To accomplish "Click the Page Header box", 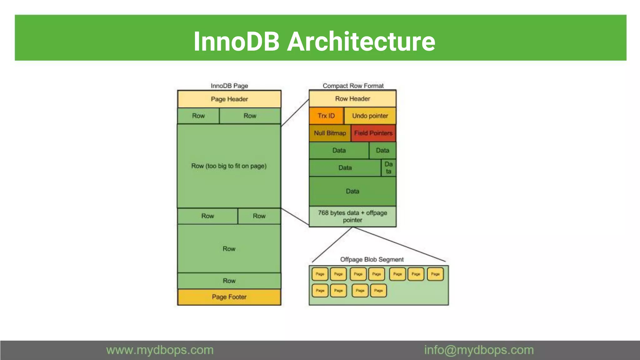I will (x=229, y=99).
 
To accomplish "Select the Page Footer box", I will (x=229, y=297).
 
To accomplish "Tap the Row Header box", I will (x=352, y=99).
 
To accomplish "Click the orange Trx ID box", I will (x=326, y=116).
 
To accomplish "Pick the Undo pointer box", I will (x=370, y=116).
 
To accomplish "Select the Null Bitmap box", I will (x=330, y=133).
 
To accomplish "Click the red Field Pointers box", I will (x=373, y=133).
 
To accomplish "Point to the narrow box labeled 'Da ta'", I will (x=388, y=168).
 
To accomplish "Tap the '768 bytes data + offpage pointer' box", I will (x=352, y=216).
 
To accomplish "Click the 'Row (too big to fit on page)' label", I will (x=229, y=166).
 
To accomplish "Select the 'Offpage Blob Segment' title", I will (x=372, y=259).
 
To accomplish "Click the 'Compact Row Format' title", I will (x=353, y=86).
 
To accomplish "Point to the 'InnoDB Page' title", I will (x=229, y=86).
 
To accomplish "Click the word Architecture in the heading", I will (x=361, y=42).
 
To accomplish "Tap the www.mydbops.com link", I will (x=160, y=350).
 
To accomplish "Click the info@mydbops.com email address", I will (x=479, y=350).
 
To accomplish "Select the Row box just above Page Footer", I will (x=229, y=281).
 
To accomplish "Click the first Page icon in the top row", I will (x=320, y=274).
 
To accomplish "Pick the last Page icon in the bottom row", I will (x=378, y=290).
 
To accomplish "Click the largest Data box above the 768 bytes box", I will (x=352, y=191).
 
